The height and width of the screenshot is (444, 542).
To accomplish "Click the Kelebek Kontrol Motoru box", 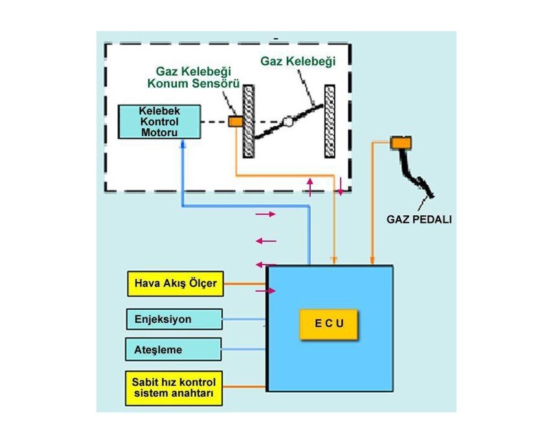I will coord(150,122).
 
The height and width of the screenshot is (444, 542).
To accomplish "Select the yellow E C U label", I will coord(328,322).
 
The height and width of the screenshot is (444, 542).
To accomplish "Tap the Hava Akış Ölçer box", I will coord(175,283).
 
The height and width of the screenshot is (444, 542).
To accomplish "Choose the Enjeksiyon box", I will coord(173,319).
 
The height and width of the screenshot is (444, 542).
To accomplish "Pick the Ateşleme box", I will coord(173,350).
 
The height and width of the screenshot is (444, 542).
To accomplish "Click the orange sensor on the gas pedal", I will coord(401,143).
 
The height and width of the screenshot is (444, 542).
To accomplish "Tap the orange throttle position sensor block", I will coord(234,121).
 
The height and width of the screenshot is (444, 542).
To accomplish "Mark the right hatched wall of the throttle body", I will coord(330,121).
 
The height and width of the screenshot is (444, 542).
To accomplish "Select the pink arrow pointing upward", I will coord(310,187).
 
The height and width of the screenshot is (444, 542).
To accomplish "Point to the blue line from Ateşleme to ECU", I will coord(243,350).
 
